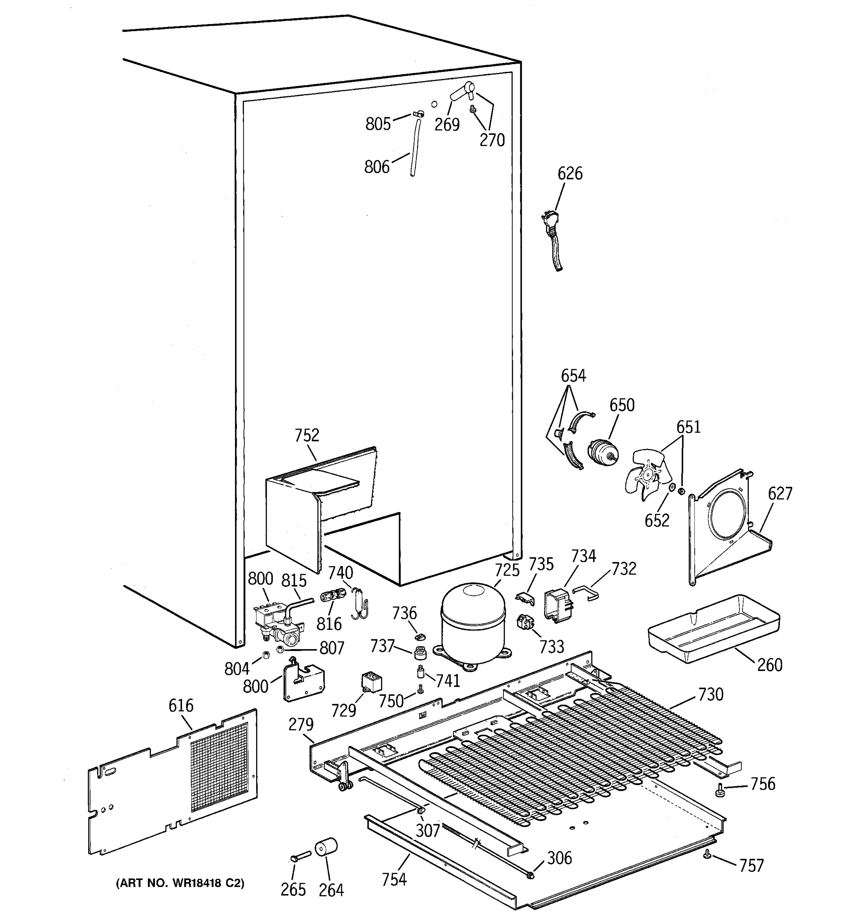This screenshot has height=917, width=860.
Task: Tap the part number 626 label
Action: pos(570,173)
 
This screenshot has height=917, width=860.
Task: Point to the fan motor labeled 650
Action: pos(602,453)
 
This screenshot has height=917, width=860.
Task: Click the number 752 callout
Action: pos(307,435)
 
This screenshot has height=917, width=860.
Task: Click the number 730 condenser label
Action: pos(711,694)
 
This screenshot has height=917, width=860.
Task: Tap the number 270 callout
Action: pos(492,140)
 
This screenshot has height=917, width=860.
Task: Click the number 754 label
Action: pos(394,879)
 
